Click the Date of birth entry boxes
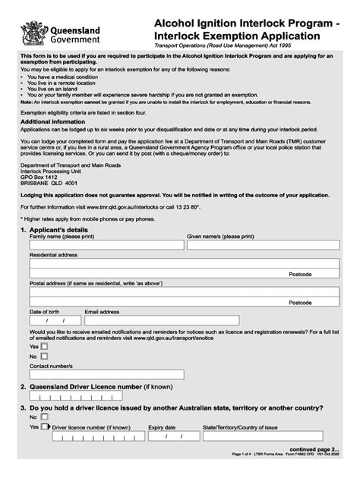[x=52, y=321]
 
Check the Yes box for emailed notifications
[x=44, y=346]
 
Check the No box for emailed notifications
[x=44, y=356]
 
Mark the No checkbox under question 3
[x=44, y=417]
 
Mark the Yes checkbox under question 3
[x=44, y=427]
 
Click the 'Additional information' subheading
[x=52, y=121]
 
